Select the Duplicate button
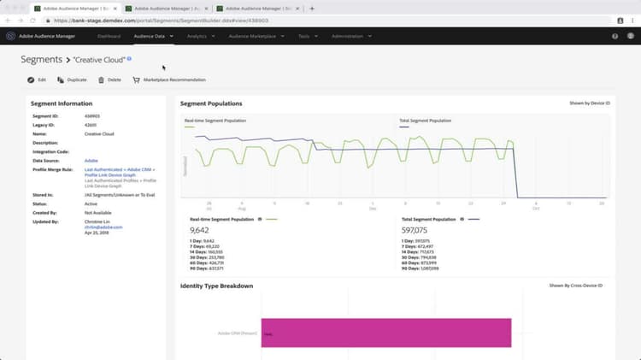pos(72,80)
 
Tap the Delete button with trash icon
pos(109,80)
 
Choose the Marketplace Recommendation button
pos(168,80)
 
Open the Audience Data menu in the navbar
pos(153,36)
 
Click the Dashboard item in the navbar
pos(109,36)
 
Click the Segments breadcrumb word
pos(41,59)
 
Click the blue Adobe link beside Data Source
pos(91,160)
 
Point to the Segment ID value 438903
pos(93,115)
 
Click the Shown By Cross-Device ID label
pos(576,285)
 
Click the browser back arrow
pos(9,20)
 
